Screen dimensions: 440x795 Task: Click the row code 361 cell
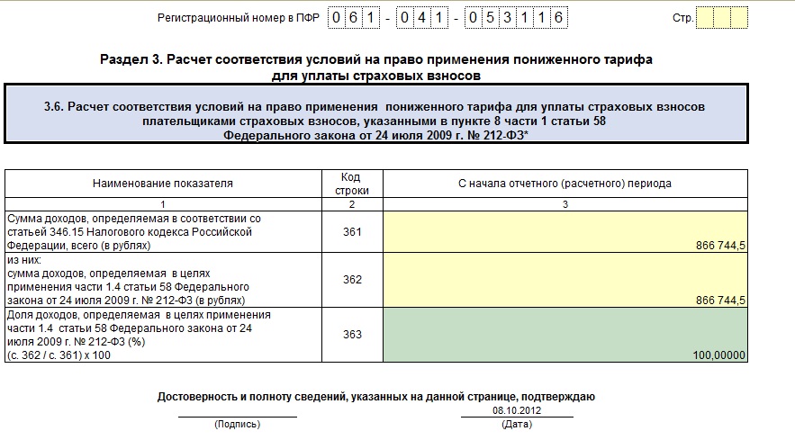click(x=352, y=232)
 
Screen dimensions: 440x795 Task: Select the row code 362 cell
click(x=352, y=280)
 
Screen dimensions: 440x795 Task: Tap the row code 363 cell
click(x=352, y=335)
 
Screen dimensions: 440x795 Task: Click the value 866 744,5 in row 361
click(x=719, y=245)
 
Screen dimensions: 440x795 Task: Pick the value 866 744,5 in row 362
click(x=719, y=300)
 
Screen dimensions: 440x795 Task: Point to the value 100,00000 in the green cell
click(x=719, y=355)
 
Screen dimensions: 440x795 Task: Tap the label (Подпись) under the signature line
click(x=237, y=424)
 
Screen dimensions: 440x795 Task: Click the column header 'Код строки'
click(x=352, y=184)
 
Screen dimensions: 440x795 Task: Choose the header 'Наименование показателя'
click(x=162, y=184)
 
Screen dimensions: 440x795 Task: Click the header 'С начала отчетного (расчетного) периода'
click(x=565, y=184)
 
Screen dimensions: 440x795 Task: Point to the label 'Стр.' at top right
click(x=682, y=18)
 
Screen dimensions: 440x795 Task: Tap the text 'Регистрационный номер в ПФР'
click(x=238, y=18)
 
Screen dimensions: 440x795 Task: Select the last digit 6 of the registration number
click(x=558, y=18)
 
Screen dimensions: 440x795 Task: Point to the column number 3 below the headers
click(x=565, y=204)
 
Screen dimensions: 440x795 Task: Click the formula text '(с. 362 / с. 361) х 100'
click(x=60, y=355)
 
